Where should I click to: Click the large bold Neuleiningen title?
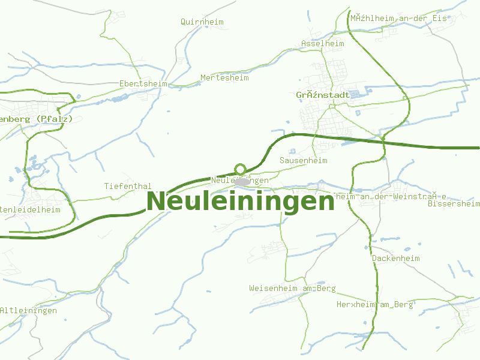tap(240, 202)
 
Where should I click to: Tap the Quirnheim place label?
tap(202, 22)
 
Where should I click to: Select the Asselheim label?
tap(323, 44)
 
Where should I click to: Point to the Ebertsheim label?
tap(143, 83)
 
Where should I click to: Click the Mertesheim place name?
tap(224, 78)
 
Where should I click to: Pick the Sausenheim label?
tap(304, 161)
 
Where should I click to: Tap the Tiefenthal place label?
tap(128, 187)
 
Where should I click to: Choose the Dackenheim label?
tap(396, 259)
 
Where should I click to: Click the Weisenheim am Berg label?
tap(292, 289)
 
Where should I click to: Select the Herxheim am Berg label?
tap(375, 305)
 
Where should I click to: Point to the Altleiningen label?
tap(28, 311)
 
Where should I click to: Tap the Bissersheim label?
tap(454, 204)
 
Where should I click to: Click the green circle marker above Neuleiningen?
tap(241, 169)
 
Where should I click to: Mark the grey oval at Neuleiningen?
tap(242, 181)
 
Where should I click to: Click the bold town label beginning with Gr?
tap(323, 95)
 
